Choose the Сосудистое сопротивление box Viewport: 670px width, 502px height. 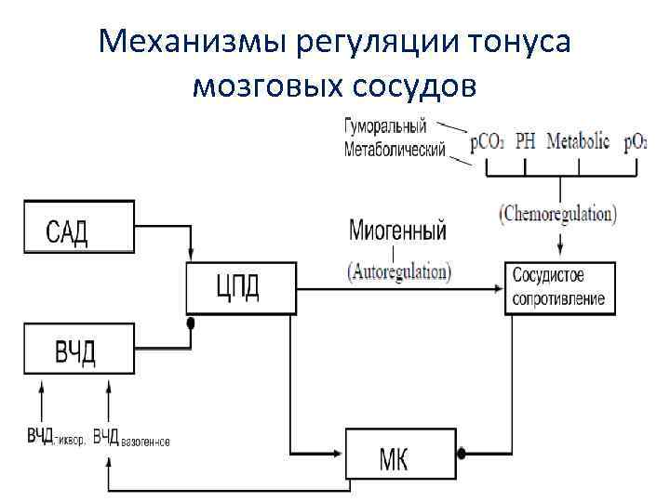pos(558,287)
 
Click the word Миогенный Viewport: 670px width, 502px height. pos(397,230)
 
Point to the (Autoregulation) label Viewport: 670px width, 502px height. pos(398,272)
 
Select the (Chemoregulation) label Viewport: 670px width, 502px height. pos(557,214)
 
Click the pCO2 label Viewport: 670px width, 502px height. pos(488,142)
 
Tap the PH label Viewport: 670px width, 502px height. pos(526,142)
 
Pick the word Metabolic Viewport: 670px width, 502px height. pos(578,142)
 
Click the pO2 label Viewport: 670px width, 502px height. pos(636,142)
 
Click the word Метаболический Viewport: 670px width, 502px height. pos(395,149)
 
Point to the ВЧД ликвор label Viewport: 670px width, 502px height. pos(55,437)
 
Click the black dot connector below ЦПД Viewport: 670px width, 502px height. pos(191,324)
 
